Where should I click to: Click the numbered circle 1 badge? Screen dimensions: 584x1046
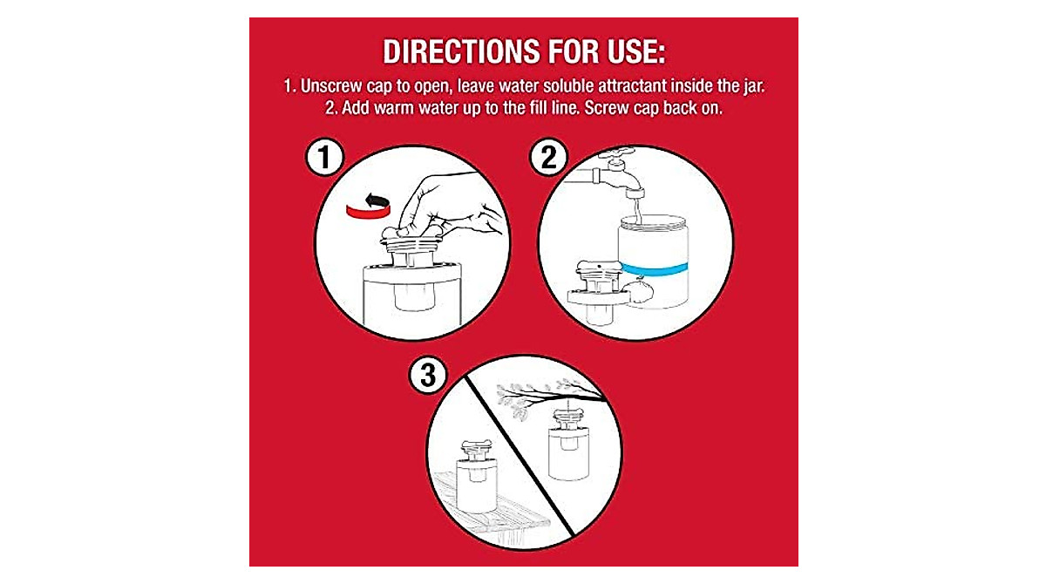(324, 159)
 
